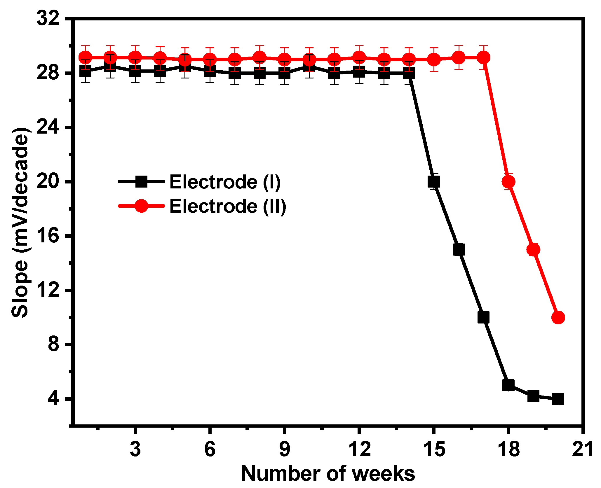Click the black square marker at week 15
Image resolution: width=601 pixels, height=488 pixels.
pos(433,182)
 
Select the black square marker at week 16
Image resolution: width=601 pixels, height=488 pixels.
pos(459,250)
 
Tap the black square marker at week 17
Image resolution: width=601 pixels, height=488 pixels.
pos(483,317)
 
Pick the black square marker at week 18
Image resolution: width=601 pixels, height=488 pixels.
pos(508,385)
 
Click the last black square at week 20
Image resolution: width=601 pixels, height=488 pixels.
pos(558,399)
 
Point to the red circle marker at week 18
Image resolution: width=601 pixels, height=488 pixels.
pos(508,182)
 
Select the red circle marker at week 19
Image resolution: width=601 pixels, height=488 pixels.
pos(533,250)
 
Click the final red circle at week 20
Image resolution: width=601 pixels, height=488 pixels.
pos(558,317)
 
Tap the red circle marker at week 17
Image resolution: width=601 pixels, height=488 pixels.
pos(483,57)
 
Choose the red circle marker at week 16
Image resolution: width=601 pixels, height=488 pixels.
pos(459,57)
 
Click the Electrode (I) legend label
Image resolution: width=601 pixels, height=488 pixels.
pos(225,182)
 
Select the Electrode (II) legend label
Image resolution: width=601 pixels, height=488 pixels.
pos(228,206)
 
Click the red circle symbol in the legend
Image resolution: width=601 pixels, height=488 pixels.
pos(141,206)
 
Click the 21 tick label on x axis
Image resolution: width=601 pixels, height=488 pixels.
pos(583,449)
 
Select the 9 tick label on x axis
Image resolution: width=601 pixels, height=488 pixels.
pos(285,449)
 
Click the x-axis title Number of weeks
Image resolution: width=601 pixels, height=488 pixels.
pos(328,474)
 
